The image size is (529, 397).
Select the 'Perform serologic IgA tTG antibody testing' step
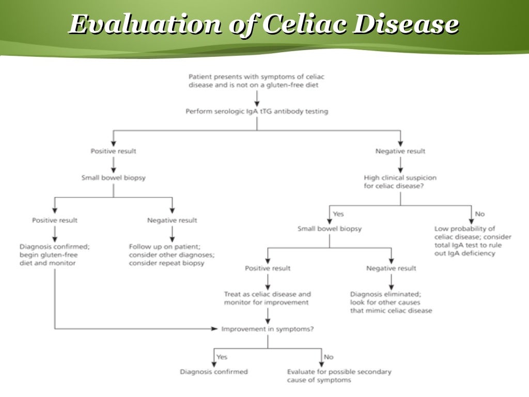257,111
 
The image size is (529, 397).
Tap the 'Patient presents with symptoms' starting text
257,81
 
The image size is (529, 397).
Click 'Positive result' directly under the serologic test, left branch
114,151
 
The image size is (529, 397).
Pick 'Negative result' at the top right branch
400,151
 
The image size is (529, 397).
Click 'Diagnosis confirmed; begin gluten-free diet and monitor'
54,255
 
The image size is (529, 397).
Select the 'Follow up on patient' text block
172,255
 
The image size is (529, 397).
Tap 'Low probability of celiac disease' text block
472,241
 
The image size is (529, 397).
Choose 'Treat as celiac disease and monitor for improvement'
268,298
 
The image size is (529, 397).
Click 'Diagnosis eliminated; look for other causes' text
391,302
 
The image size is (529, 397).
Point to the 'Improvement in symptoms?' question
268,328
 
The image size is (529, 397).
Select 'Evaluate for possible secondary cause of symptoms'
339,376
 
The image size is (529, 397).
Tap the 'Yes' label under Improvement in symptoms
222,357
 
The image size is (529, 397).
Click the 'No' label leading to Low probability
479,214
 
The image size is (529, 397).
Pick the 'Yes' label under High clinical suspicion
338,214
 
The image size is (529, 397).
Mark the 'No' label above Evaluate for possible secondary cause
329,357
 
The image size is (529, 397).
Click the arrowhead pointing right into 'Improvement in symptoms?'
215,328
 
